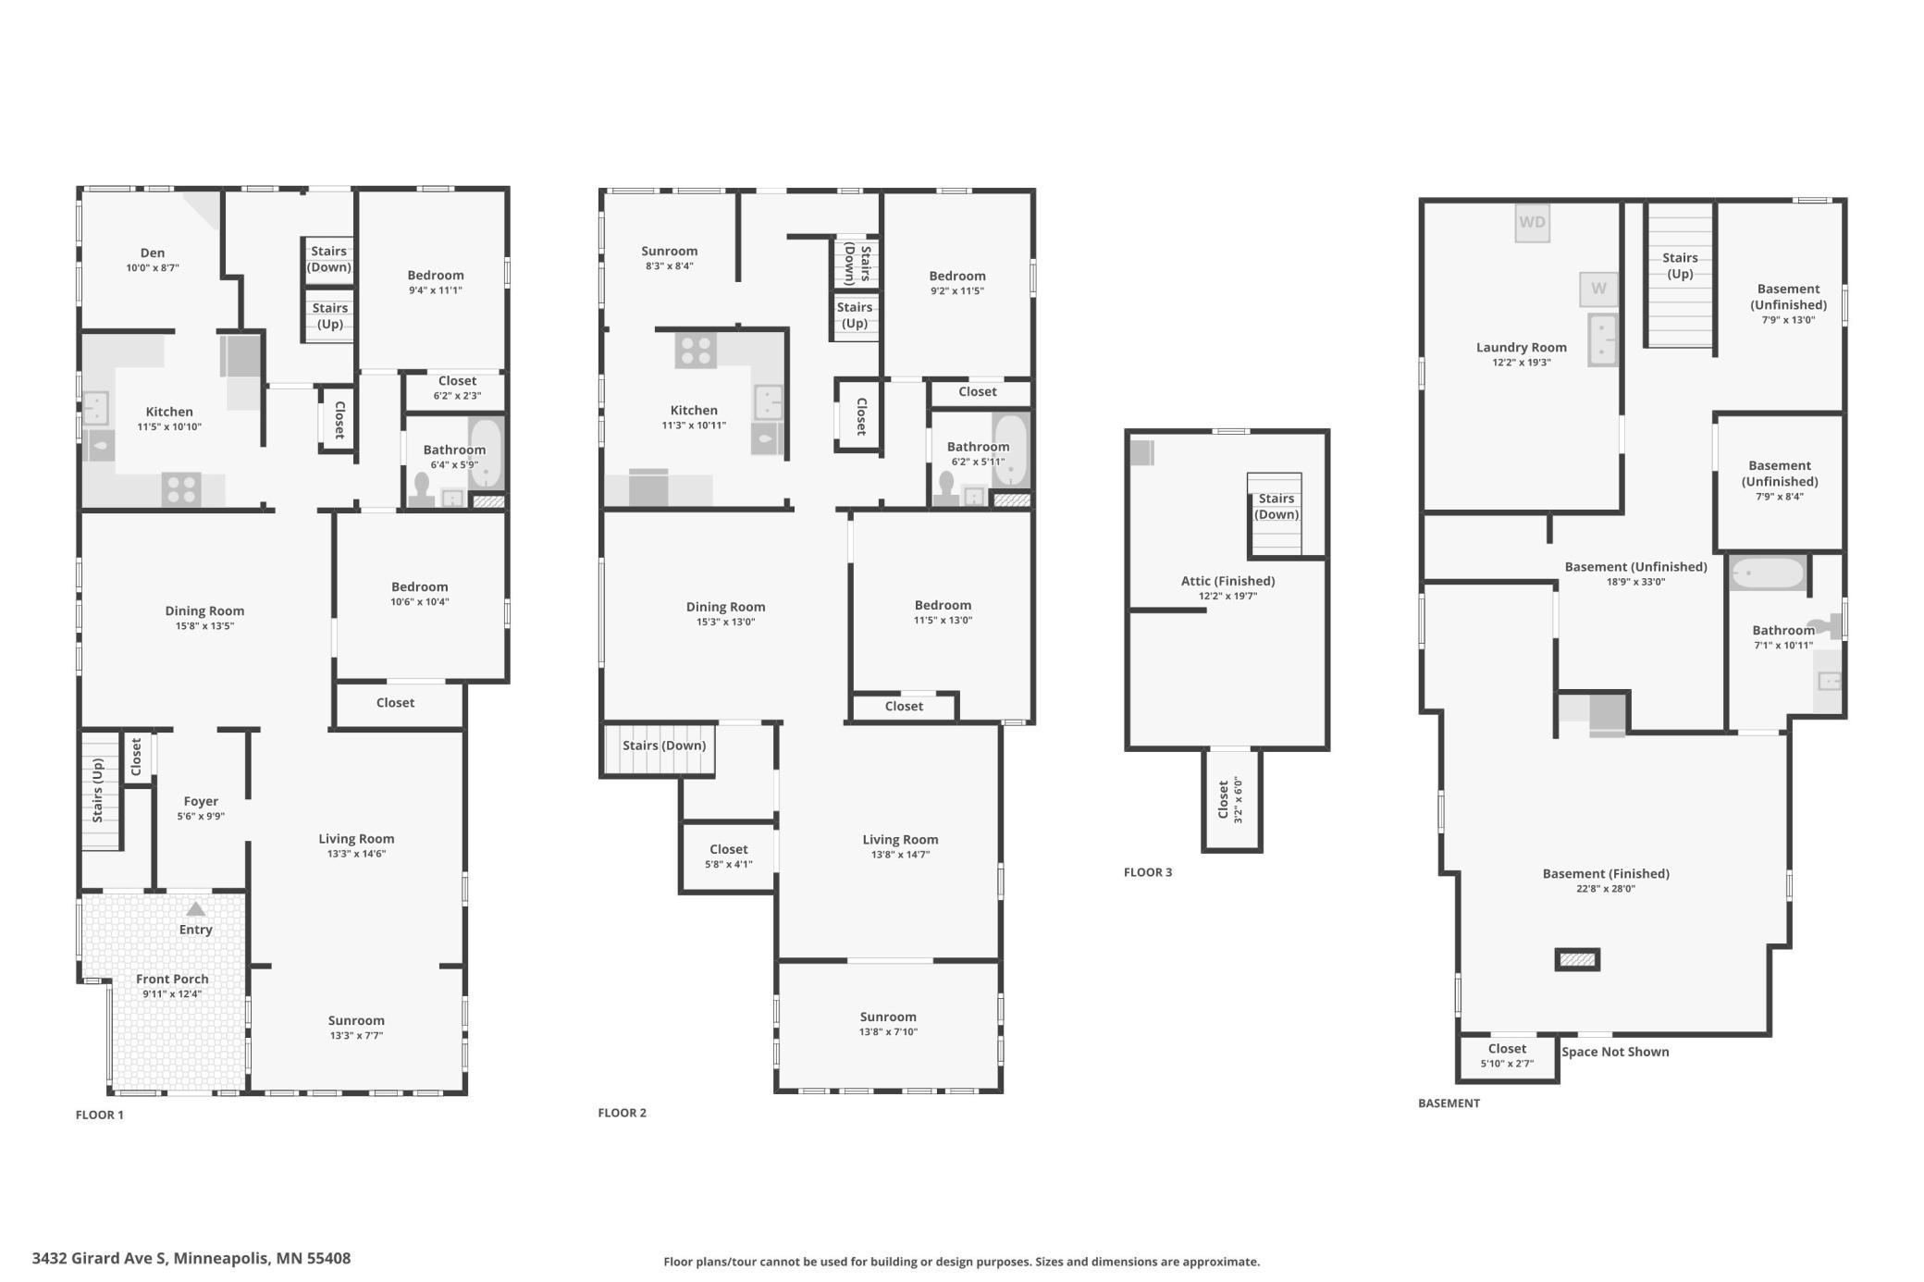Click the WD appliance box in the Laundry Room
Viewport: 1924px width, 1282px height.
click(x=1532, y=223)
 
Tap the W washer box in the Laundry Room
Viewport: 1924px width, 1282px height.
click(x=1598, y=289)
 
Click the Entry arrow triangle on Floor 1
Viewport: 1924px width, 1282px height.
click(x=195, y=909)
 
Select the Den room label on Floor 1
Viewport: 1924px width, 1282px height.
click(x=153, y=253)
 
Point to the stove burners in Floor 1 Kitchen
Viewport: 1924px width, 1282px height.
click(x=181, y=490)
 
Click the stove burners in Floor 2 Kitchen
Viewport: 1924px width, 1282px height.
click(x=696, y=350)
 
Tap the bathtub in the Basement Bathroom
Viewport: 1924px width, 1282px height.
click(x=1767, y=573)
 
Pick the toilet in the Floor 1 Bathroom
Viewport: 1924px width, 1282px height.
click(x=423, y=490)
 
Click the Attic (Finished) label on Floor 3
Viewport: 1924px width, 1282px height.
click(x=1227, y=581)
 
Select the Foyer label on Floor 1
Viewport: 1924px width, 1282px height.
click(x=201, y=801)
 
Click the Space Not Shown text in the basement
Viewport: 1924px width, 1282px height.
click(x=1615, y=1052)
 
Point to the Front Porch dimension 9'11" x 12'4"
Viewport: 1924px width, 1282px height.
click(x=172, y=994)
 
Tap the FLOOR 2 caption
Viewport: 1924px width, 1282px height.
click(x=623, y=1113)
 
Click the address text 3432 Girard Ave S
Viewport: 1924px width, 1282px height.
click(x=100, y=1258)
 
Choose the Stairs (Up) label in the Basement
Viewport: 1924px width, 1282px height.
click(x=1680, y=265)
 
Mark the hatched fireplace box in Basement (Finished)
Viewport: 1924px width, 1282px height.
click(x=1577, y=960)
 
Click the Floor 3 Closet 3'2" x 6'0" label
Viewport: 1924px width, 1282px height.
click(x=1230, y=800)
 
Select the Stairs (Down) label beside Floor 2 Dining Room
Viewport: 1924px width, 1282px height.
click(x=664, y=746)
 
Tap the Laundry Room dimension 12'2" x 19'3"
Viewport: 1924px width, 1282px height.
click(x=1521, y=363)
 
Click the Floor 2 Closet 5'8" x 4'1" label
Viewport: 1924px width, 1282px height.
click(x=729, y=857)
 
